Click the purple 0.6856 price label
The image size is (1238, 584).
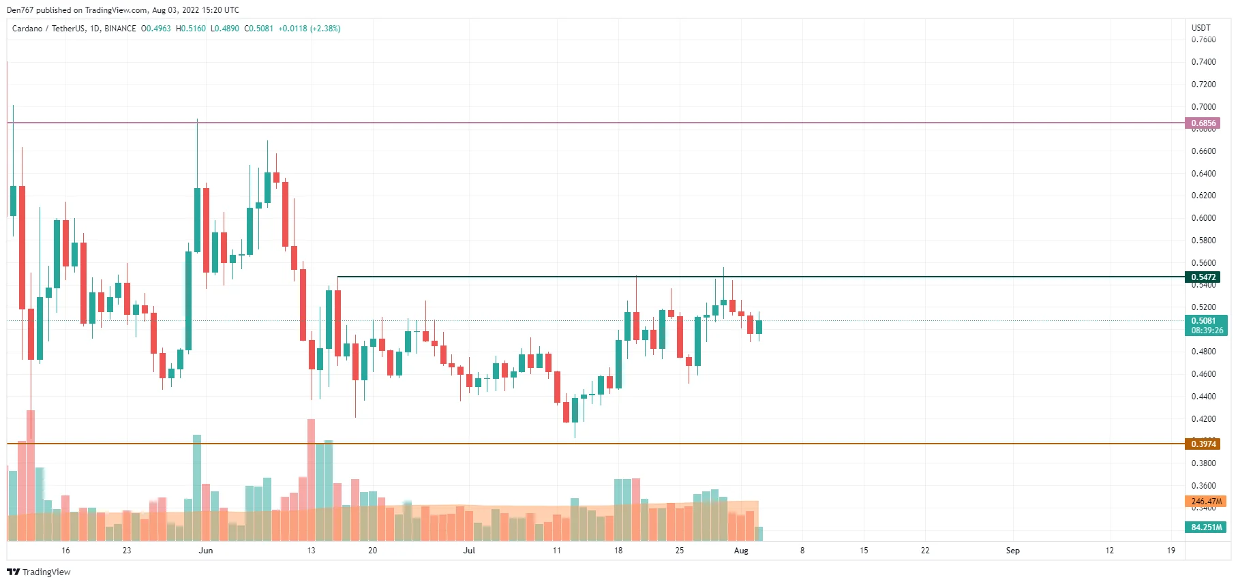[x=1203, y=123]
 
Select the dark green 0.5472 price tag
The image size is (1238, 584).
[x=1203, y=277]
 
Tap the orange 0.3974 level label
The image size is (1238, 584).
[x=1203, y=444]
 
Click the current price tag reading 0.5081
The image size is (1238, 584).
[x=1203, y=321]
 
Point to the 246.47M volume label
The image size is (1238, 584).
[x=1205, y=502]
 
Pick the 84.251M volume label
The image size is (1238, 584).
[x=1205, y=527]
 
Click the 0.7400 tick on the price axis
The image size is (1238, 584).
[x=1203, y=62]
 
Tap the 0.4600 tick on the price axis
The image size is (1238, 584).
[x=1203, y=374]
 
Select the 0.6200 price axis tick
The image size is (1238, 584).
[x=1203, y=196]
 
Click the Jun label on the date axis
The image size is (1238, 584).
[x=205, y=551]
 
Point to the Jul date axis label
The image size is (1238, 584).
[x=469, y=551]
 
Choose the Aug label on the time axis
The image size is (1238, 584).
[x=741, y=551]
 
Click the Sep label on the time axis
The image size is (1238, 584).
[x=1012, y=551]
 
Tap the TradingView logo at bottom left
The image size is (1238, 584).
[x=39, y=572]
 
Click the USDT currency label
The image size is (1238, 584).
[x=1201, y=28]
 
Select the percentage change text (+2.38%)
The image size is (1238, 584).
[x=325, y=29]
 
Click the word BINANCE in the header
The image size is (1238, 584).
[x=120, y=29]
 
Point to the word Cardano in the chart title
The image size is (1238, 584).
[x=27, y=29]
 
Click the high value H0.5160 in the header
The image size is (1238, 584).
[x=190, y=29]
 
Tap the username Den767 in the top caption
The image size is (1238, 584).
[x=20, y=10]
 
